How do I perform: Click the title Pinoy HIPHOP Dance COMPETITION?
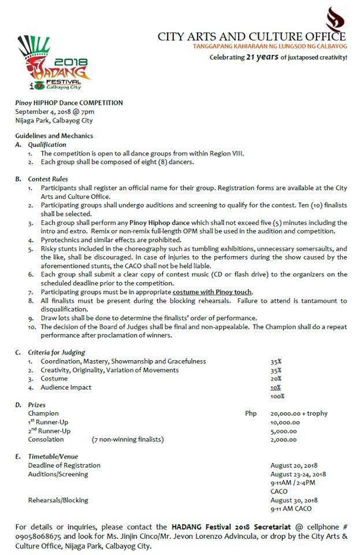pos(69,102)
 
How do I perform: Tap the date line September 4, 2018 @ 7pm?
pos(55,112)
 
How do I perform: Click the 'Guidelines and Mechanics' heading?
pos(54,136)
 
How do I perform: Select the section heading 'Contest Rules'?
pos(48,179)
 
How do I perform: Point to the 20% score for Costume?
pos(276,379)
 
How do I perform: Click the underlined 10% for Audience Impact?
pos(276,387)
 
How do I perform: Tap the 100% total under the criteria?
pos(277,396)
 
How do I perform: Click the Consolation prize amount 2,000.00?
pos(284,439)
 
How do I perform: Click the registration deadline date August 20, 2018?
pos(294,465)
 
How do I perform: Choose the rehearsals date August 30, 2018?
pos(294,500)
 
